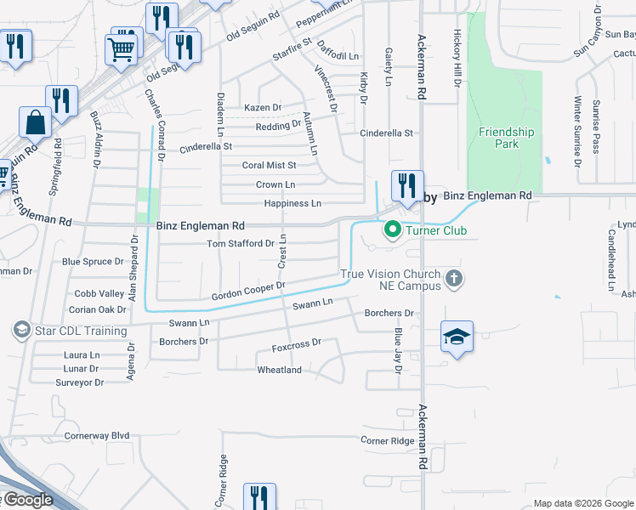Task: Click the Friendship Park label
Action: (x=506, y=138)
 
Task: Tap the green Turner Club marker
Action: (x=392, y=229)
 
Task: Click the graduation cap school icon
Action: (x=457, y=337)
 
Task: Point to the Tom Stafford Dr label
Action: (x=241, y=244)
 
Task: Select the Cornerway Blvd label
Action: (x=97, y=436)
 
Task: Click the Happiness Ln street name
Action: (x=292, y=204)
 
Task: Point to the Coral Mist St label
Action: (x=269, y=166)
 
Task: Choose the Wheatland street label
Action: (x=279, y=371)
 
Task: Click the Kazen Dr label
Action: (x=262, y=108)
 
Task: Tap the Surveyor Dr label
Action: (x=79, y=382)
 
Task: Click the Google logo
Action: (x=27, y=500)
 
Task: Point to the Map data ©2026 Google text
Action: (x=582, y=503)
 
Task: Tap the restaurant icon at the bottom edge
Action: (x=259, y=496)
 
